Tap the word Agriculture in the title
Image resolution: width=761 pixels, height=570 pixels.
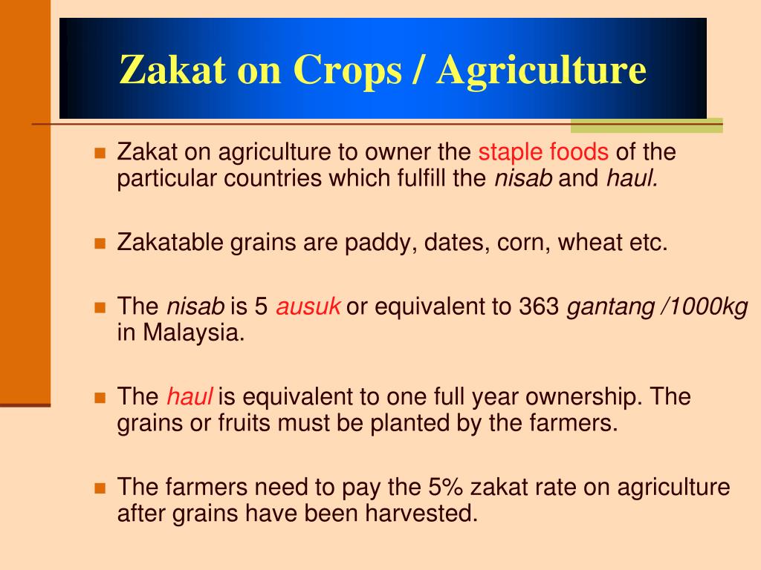click(x=541, y=71)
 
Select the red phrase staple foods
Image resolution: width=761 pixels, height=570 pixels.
click(x=543, y=153)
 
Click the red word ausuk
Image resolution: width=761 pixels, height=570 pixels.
click(x=308, y=307)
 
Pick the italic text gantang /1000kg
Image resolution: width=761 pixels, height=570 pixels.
click(x=658, y=307)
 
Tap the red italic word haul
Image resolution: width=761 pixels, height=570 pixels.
click(x=190, y=397)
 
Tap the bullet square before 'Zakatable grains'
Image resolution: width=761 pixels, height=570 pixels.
click(x=100, y=243)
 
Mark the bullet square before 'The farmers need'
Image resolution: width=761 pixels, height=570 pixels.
click(x=100, y=488)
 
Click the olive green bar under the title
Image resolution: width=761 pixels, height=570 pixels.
click(x=647, y=125)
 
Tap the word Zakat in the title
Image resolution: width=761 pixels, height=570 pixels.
click(x=172, y=71)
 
